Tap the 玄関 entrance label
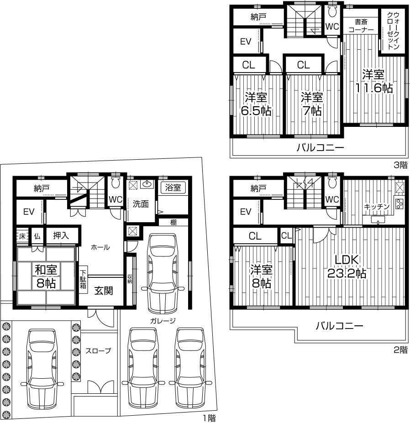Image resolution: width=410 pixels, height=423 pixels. click(x=104, y=290)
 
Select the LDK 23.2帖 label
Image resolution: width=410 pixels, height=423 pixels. click(x=348, y=267)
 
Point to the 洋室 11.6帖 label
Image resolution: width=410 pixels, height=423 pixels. click(x=373, y=81)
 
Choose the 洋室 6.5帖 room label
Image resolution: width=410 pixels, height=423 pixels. click(x=256, y=104)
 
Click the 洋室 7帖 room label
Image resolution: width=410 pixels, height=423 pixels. click(x=312, y=104)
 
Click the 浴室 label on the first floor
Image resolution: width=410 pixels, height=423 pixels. click(x=173, y=188)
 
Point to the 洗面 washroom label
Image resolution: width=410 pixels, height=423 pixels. click(x=141, y=204)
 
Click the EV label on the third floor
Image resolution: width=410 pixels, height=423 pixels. click(x=246, y=42)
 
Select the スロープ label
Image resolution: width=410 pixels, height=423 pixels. click(x=98, y=351)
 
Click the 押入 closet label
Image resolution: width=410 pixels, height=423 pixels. click(x=62, y=235)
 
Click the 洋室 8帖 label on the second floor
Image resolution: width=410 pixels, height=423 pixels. click(x=262, y=276)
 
